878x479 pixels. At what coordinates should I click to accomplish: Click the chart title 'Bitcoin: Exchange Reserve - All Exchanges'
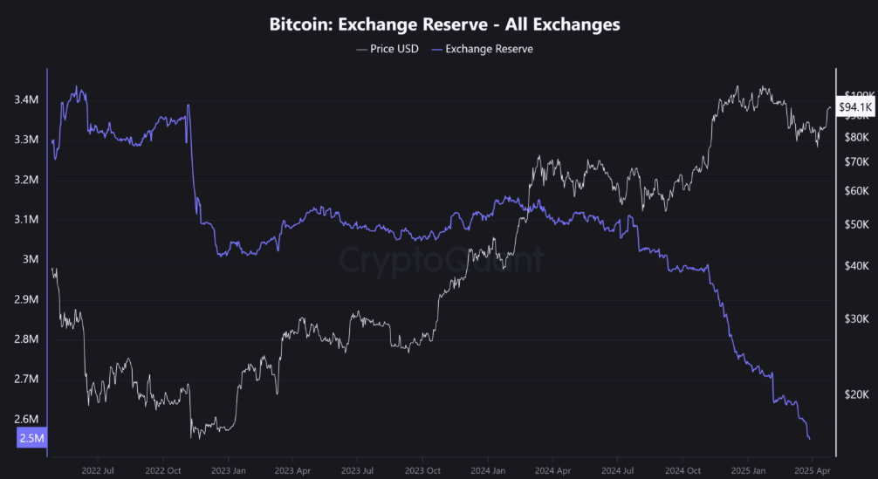coord(445,24)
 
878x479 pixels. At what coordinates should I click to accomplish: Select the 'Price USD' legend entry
coord(388,49)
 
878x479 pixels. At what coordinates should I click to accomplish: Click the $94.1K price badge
coord(854,107)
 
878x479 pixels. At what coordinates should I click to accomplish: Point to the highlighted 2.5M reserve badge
coord(31,438)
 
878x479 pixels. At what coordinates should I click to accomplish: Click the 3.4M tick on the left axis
coord(26,100)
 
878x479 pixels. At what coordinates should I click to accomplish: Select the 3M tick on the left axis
coord(31,259)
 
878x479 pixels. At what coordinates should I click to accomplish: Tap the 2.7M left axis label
coord(26,380)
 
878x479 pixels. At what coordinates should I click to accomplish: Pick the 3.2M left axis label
coord(26,180)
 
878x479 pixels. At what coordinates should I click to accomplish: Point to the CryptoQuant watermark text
coord(441,260)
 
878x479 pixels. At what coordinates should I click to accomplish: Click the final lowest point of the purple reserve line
coord(809,439)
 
